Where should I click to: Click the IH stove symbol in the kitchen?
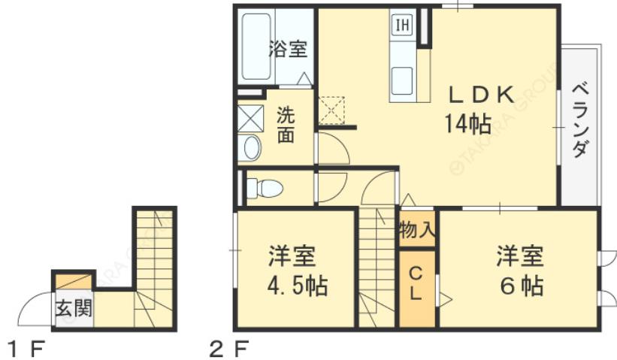(x=402, y=25)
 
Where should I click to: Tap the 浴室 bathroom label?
(x=288, y=50)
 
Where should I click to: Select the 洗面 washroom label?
(x=286, y=126)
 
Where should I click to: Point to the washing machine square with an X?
(x=250, y=119)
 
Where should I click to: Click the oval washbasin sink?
(x=252, y=148)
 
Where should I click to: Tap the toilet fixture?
(x=264, y=188)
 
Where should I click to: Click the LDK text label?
(x=481, y=95)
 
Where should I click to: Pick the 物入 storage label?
(x=417, y=229)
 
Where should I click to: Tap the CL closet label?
(x=416, y=284)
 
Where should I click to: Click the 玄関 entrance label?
(x=73, y=308)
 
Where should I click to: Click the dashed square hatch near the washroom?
(x=331, y=110)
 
